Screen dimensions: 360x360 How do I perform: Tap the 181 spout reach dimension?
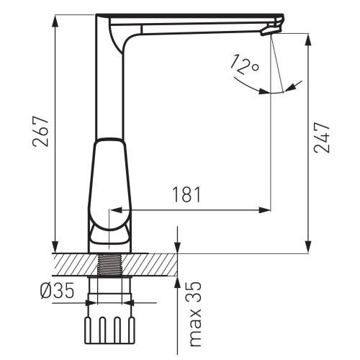[x=185, y=194]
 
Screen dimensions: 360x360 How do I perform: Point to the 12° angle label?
[x=244, y=67]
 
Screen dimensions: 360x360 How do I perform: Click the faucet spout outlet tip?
[x=271, y=30]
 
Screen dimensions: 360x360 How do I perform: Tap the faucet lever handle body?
[x=110, y=184]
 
